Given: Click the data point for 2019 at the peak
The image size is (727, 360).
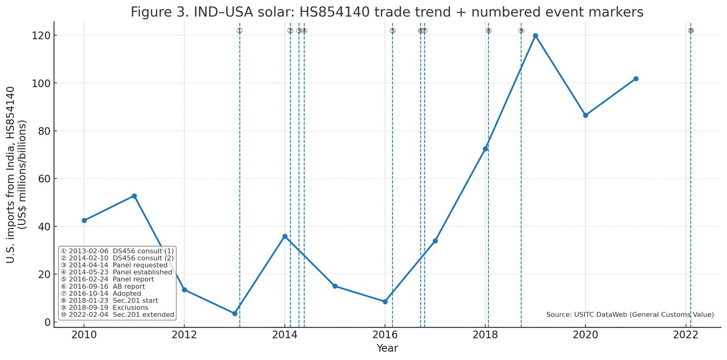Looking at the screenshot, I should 535,35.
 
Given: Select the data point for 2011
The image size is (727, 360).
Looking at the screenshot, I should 134,196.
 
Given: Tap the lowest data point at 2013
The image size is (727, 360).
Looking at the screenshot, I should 234,314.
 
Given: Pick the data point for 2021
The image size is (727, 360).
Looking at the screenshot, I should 636,79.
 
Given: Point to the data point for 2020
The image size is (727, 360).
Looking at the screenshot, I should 585,115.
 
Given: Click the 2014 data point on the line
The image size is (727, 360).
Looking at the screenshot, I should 285,236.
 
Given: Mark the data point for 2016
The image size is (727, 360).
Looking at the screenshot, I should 385,302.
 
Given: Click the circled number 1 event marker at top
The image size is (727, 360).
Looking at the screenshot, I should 239,30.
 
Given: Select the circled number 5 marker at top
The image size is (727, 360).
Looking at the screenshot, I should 393,30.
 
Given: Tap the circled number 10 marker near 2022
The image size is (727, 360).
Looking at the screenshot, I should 691,30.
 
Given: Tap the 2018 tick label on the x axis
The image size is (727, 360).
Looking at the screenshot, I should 485,335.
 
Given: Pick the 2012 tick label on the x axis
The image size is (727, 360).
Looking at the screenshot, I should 184,335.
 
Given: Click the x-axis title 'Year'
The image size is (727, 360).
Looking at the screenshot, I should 387,348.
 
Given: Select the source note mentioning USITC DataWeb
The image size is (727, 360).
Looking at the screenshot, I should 630,315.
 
